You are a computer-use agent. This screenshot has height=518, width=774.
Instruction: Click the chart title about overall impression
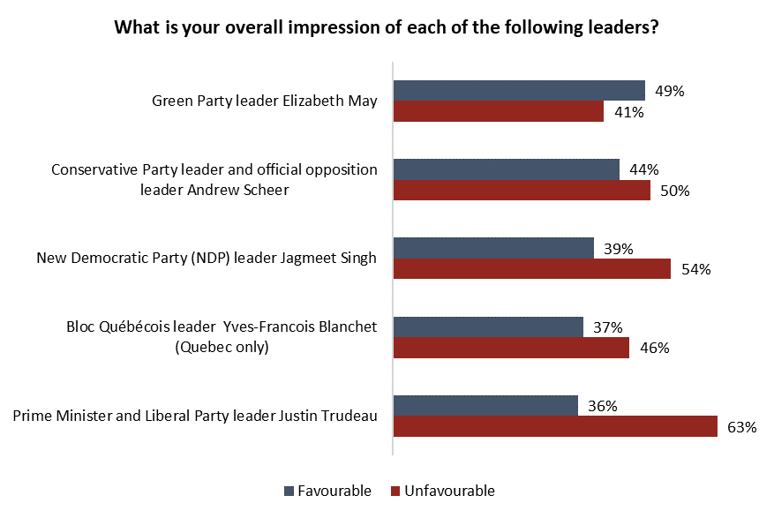tap(387, 26)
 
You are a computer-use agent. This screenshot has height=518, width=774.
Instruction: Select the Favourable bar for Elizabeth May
tap(519, 90)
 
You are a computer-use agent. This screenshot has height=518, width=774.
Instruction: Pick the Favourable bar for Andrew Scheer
tap(506, 169)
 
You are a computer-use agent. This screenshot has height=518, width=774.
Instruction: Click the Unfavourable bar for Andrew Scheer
tap(522, 191)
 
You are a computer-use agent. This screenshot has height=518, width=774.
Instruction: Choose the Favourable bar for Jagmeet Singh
tap(493, 248)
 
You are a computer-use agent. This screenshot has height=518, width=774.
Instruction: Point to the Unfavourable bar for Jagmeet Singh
tap(531, 269)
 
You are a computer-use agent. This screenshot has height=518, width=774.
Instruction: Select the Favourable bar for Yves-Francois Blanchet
tap(488, 327)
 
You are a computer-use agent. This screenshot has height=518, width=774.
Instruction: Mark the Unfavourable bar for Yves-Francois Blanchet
tap(511, 348)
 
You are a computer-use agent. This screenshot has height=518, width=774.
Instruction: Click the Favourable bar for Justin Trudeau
tap(485, 406)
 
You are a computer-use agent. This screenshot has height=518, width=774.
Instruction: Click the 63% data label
tap(742, 428)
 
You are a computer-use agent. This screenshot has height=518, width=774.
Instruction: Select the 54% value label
tap(695, 270)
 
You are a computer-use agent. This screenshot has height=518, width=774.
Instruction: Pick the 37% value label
tap(608, 327)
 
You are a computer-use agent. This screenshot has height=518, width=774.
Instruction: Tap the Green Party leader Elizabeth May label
tap(265, 101)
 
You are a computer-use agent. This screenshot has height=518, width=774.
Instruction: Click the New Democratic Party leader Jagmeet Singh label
tap(207, 259)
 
